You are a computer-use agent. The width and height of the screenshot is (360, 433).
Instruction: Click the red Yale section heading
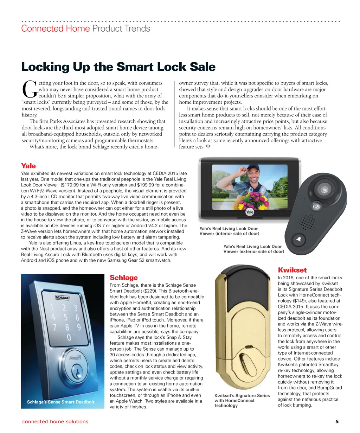click(28, 166)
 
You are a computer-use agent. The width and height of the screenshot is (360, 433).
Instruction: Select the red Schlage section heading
click(124, 278)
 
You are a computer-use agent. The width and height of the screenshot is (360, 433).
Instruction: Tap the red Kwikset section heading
click(292, 270)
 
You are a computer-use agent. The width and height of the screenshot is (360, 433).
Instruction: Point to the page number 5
click(337, 421)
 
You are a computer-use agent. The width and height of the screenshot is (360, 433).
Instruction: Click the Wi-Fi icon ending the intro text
click(208, 146)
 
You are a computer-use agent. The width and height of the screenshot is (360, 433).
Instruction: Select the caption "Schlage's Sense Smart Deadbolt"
click(60, 402)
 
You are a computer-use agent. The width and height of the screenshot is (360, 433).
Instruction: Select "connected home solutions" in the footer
click(55, 421)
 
